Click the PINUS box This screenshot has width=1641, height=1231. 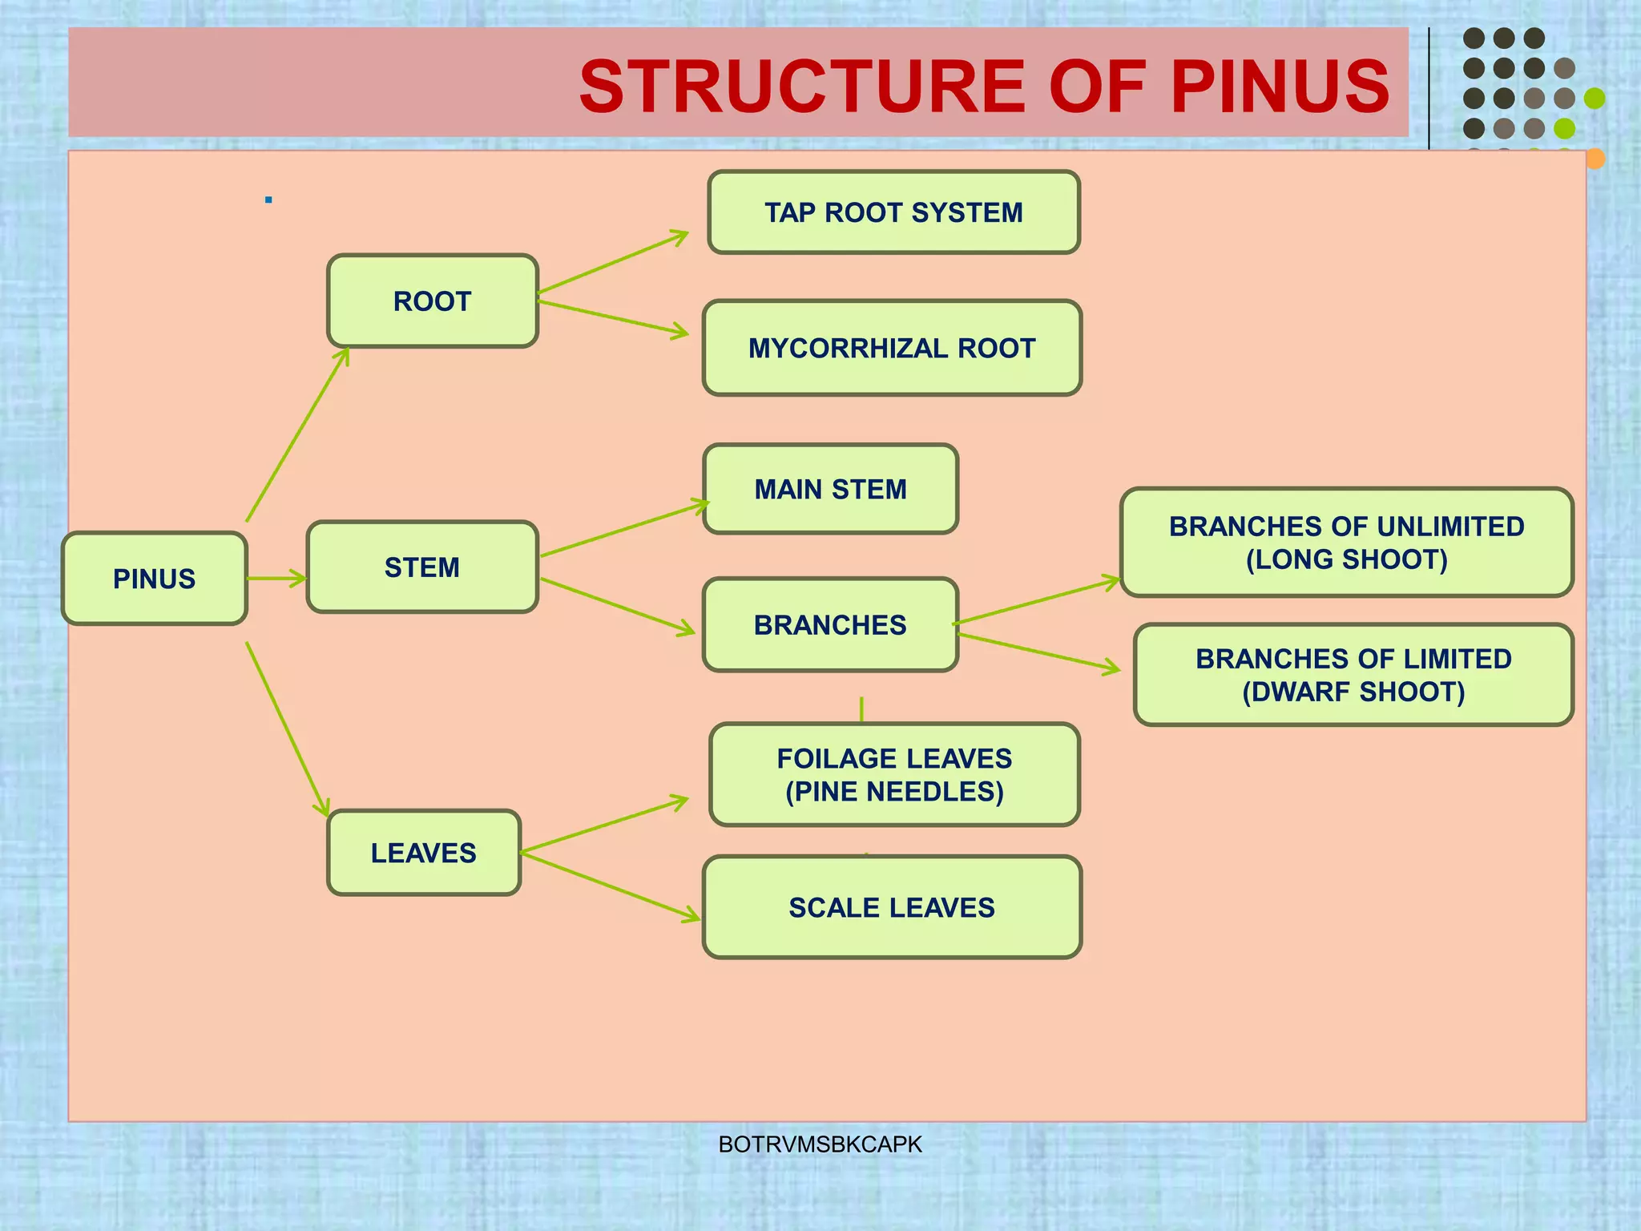[154, 579]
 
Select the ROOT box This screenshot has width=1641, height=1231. [432, 301]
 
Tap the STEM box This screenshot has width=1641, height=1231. [422, 567]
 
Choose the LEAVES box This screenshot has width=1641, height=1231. [424, 853]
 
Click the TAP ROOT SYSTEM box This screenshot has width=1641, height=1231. [893, 212]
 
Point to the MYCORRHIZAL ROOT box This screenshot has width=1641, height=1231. [892, 348]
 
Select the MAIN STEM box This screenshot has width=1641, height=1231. [830, 489]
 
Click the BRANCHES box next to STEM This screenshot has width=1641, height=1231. [830, 624]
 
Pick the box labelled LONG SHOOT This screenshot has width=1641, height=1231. [1346, 543]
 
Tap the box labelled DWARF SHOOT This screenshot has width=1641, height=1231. [1353, 675]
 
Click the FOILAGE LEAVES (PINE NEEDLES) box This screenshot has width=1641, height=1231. [894, 774]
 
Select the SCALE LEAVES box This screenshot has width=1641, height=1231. [892, 907]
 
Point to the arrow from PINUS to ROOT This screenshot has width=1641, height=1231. [296, 435]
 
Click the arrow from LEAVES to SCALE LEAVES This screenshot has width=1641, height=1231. [609, 886]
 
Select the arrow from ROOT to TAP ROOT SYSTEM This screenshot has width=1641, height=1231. [613, 262]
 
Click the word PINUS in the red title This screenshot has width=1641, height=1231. [1280, 87]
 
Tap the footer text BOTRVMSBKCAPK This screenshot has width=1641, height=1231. [820, 1144]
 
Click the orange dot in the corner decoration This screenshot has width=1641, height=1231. [1595, 159]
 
